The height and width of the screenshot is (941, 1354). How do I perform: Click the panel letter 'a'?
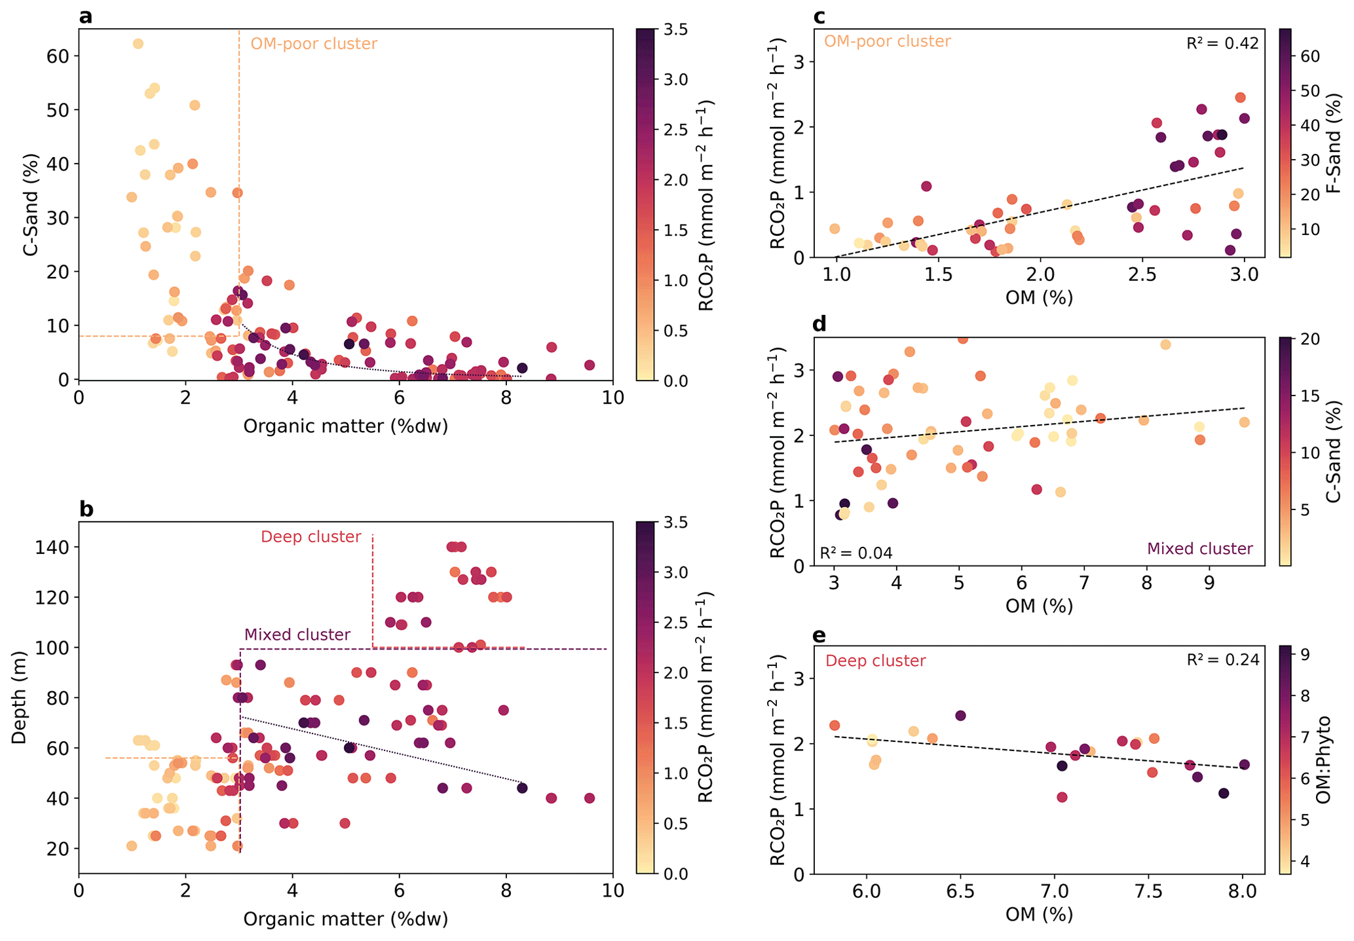click(x=85, y=16)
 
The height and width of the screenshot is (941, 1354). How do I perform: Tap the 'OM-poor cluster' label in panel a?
click(x=314, y=44)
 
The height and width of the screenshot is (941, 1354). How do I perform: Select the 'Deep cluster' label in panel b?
click(x=310, y=537)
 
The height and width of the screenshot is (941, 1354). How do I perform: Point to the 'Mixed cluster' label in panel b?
click(x=297, y=635)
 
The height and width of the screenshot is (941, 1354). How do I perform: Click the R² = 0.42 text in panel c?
click(x=1222, y=44)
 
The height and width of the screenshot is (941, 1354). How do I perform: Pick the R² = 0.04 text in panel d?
click(x=856, y=553)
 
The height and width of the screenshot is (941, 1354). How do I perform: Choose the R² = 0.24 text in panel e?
click(x=1222, y=659)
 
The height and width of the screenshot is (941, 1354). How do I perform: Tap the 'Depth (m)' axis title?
click(x=20, y=697)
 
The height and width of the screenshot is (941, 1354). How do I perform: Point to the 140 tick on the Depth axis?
click(x=55, y=547)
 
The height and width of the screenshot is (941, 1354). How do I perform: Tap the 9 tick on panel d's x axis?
click(x=1209, y=583)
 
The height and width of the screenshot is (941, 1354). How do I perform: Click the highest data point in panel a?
click(x=138, y=44)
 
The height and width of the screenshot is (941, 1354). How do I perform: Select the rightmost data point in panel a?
click(x=590, y=365)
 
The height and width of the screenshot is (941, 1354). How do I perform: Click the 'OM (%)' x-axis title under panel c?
click(x=1039, y=297)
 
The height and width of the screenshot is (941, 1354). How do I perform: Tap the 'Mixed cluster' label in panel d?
click(x=1200, y=549)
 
